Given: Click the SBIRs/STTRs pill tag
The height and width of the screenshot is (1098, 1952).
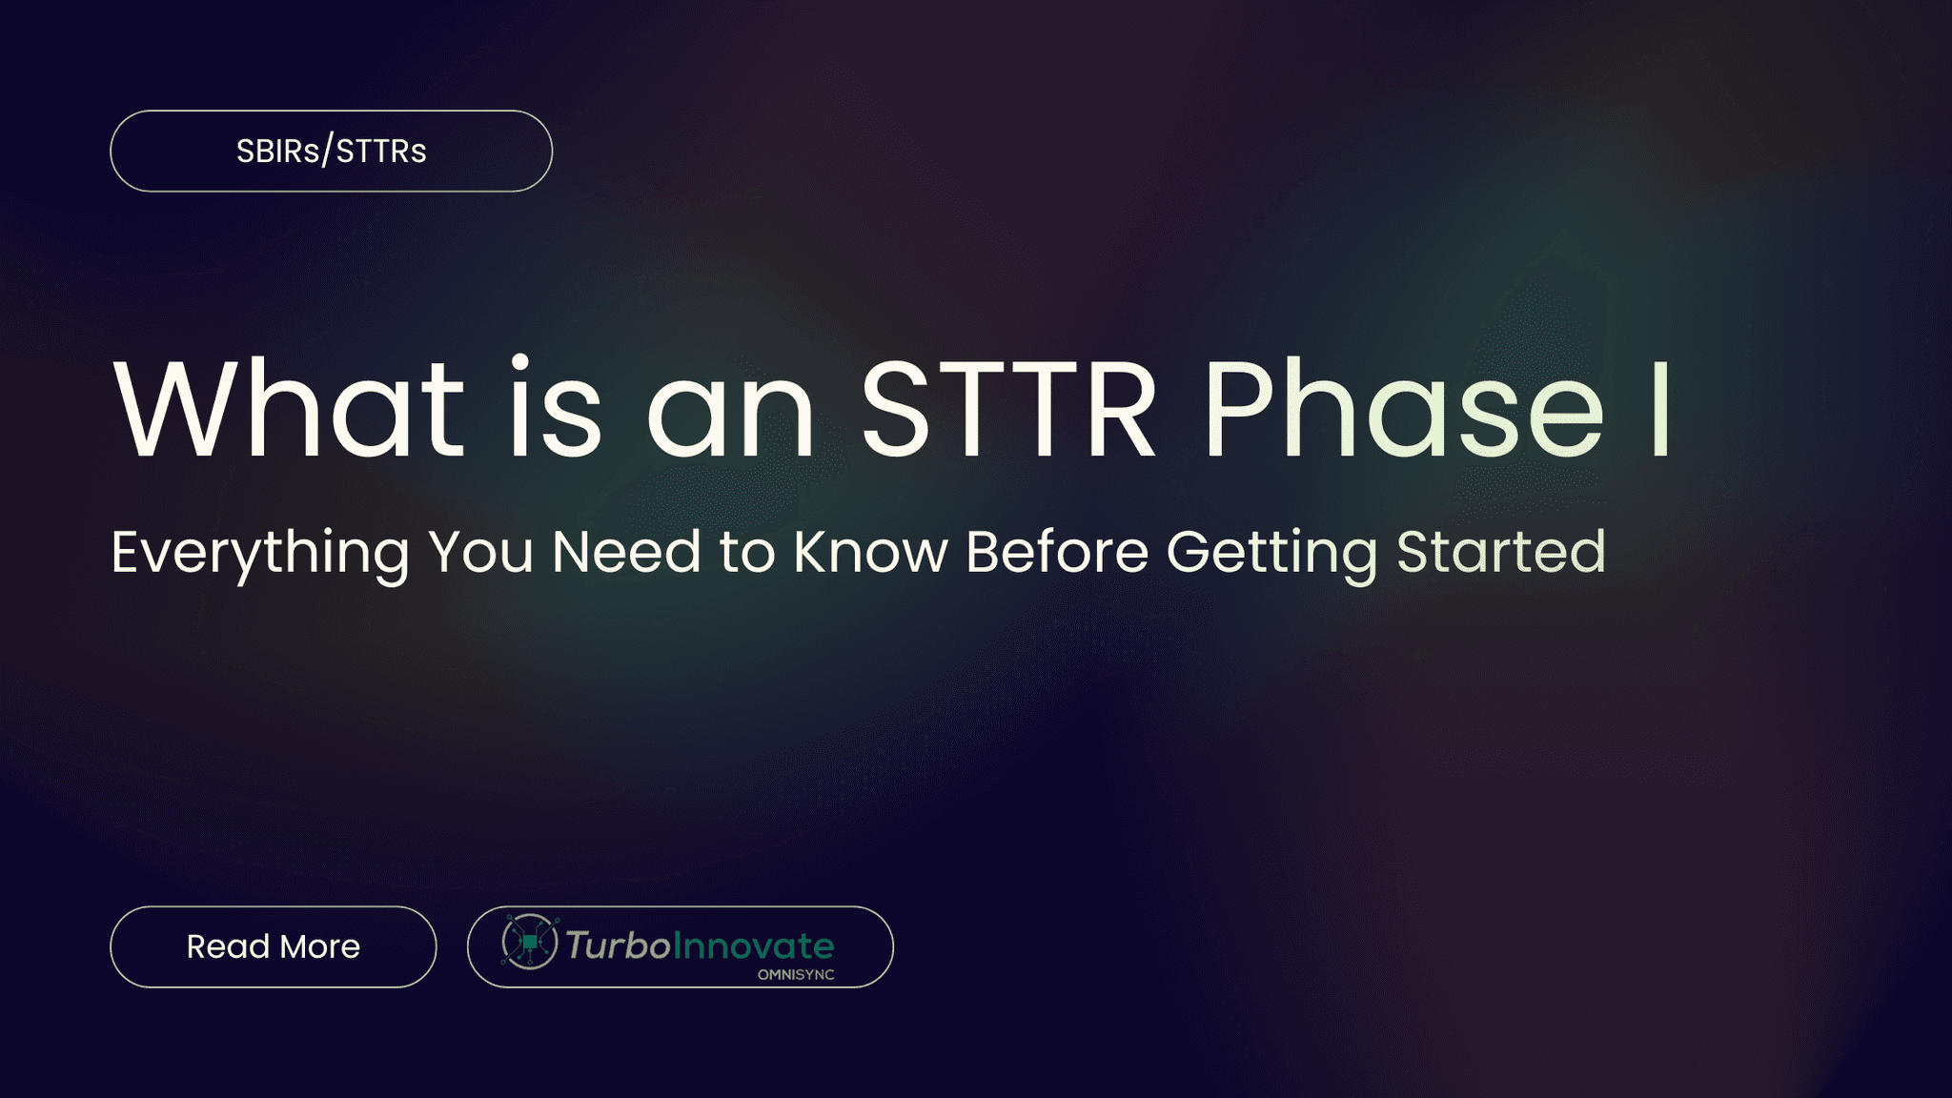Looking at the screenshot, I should [x=331, y=152].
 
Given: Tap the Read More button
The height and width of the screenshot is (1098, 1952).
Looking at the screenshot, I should [x=273, y=946].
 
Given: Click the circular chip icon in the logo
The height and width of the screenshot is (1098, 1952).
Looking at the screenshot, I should [x=529, y=943].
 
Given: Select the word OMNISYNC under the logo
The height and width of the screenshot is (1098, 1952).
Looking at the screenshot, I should [x=796, y=975].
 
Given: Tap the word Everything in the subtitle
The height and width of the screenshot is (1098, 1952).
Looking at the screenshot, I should [x=259, y=553].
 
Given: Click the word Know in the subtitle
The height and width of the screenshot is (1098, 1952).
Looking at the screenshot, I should [x=870, y=553].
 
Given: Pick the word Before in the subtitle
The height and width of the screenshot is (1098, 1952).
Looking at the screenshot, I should [x=1056, y=553].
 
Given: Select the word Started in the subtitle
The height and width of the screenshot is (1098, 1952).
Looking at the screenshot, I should [x=1501, y=553].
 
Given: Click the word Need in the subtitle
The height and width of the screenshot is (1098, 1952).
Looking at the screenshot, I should [x=626, y=553].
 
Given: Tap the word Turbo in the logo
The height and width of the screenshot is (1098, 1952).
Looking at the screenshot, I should [x=619, y=945].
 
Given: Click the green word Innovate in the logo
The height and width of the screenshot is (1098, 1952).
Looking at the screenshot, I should [x=754, y=945].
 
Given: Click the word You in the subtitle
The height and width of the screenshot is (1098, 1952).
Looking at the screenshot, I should [x=480, y=553].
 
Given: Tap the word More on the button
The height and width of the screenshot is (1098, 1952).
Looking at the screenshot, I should [x=320, y=946].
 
